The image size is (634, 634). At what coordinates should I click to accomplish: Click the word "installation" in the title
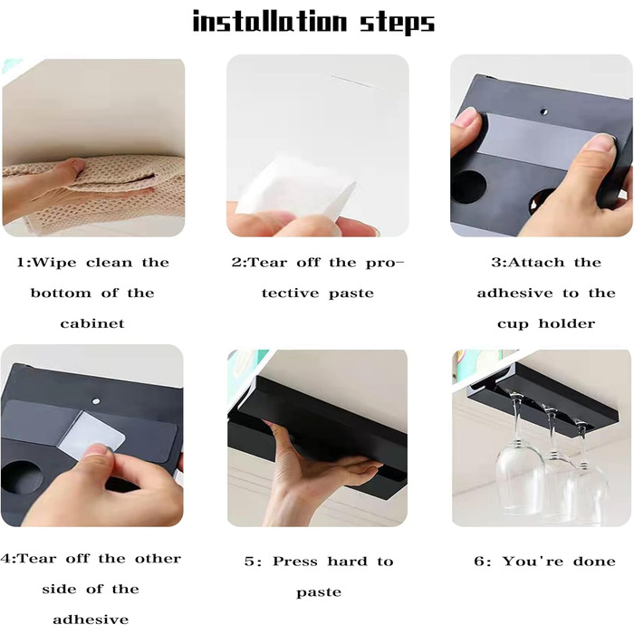[269, 21]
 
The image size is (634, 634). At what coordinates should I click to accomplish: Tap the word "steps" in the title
[398, 23]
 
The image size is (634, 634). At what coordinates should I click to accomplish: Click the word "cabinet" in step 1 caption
[92, 323]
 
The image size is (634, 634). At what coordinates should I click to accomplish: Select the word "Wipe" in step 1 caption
[53, 263]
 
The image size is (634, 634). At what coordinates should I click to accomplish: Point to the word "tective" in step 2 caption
[291, 293]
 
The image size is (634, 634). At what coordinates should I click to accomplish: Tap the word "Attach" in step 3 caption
[536, 263]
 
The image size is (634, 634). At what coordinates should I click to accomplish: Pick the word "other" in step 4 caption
[158, 559]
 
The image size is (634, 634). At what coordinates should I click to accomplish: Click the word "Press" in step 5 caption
[295, 562]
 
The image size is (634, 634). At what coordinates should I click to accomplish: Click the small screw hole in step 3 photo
[543, 111]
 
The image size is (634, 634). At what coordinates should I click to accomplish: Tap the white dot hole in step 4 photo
[96, 401]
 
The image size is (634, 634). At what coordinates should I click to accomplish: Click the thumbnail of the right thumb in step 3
[603, 142]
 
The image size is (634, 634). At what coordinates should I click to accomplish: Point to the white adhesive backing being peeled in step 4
[91, 435]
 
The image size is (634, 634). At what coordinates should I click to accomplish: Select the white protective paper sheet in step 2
[295, 188]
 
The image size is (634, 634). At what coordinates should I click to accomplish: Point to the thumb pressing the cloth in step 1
[72, 166]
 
